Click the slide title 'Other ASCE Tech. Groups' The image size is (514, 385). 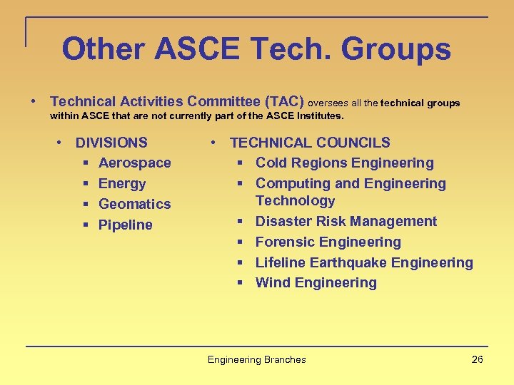coord(256,50)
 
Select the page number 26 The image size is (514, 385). coord(478,359)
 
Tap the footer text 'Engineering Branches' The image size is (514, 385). coord(256,359)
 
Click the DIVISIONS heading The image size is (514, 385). coord(111,143)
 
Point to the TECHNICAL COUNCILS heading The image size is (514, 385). coord(310,143)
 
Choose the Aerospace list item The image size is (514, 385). coord(134,163)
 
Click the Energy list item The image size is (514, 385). coord(122,184)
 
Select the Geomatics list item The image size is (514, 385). coord(134,205)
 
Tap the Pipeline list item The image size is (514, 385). coord(125,225)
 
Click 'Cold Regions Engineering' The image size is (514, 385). coord(344,163)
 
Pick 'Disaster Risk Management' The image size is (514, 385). coord(346,222)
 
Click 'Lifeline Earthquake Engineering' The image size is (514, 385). coord(364,263)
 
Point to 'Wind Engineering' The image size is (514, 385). coord(316,283)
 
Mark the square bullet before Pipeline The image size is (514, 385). coord(85,225)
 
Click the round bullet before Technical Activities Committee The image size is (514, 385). coord(34,103)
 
